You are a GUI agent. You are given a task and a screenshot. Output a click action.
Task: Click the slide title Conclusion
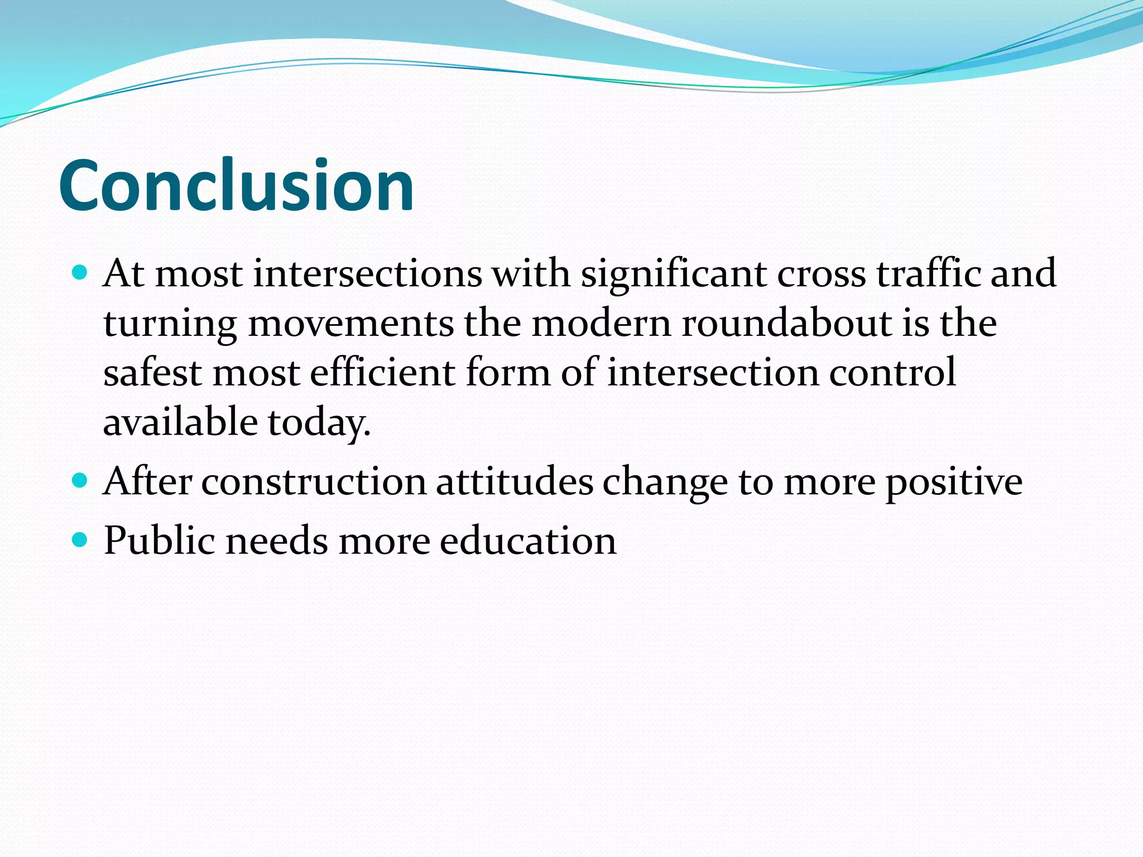pyautogui.click(x=236, y=186)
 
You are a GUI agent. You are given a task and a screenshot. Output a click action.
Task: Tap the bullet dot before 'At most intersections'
pyautogui.click(x=80, y=273)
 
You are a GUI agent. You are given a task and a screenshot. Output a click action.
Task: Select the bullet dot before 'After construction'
pyautogui.click(x=80, y=480)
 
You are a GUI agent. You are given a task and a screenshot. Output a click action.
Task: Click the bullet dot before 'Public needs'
pyautogui.click(x=80, y=540)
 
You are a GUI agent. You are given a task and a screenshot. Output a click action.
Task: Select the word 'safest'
pyautogui.click(x=152, y=372)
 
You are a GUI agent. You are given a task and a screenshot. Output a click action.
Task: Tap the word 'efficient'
pyautogui.click(x=383, y=372)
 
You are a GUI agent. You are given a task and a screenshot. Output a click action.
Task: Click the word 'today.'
pyautogui.click(x=319, y=423)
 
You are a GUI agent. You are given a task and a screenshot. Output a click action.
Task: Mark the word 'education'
pyautogui.click(x=528, y=541)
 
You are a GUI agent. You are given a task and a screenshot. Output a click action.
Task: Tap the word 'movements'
pyautogui.click(x=351, y=324)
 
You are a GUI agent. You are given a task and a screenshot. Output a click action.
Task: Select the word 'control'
pyautogui.click(x=892, y=372)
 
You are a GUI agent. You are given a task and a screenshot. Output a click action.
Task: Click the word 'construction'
pyautogui.click(x=314, y=482)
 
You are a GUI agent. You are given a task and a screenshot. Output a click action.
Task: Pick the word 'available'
pyautogui.click(x=180, y=422)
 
